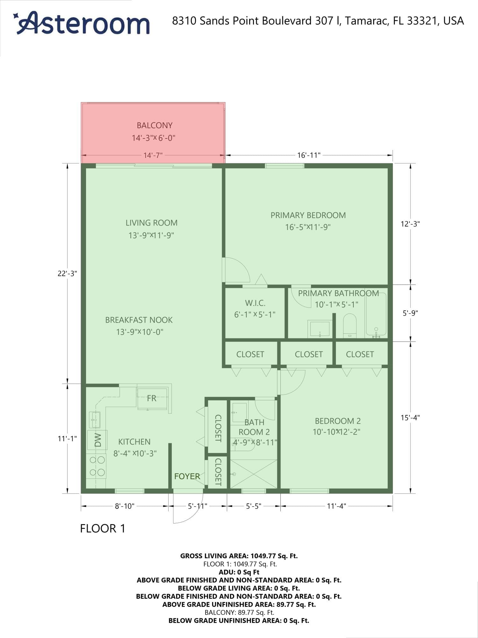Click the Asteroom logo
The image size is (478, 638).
[82, 23]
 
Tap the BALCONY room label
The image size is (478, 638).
[155, 125]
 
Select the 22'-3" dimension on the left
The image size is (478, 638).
[67, 273]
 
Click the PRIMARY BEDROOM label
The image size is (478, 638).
[308, 215]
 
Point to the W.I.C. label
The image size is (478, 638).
[255, 303]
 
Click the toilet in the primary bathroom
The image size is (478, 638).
[350, 326]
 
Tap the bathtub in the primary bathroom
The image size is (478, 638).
[376, 314]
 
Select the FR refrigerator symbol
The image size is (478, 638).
[152, 398]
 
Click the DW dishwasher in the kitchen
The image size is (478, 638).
[97, 440]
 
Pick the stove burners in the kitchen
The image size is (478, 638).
[97, 466]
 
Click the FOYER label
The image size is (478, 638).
[187, 476]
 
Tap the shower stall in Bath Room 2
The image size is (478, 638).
[253, 474]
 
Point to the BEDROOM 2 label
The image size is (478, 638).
[338, 421]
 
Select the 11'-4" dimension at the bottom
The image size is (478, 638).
[337, 506]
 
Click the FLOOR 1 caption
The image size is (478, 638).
[103, 529]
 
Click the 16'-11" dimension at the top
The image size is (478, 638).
[309, 155]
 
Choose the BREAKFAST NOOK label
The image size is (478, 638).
[139, 320]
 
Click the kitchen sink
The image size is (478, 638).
[95, 420]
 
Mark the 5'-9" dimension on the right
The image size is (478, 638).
[410, 313]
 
